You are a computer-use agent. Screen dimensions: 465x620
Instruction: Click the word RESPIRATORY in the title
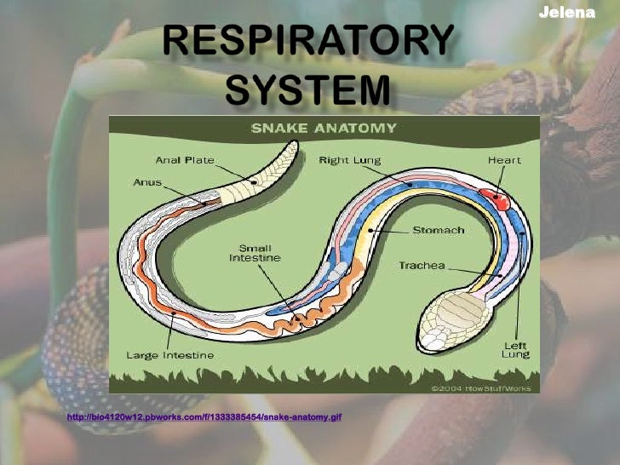(x=309, y=41)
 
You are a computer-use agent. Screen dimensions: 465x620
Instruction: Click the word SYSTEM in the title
(x=310, y=88)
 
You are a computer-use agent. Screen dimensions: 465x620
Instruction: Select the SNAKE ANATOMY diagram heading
(x=324, y=129)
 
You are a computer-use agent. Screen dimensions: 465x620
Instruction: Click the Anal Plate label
(x=185, y=159)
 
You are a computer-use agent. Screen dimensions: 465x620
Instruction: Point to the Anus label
(x=147, y=181)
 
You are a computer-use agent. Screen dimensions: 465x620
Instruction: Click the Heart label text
(x=504, y=159)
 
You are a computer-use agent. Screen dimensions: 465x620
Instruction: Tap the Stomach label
(x=438, y=230)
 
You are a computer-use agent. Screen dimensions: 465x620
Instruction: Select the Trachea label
(x=422, y=267)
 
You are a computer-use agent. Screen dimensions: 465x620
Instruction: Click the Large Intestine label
(x=171, y=354)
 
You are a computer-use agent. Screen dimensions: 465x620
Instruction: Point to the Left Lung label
(x=515, y=349)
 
